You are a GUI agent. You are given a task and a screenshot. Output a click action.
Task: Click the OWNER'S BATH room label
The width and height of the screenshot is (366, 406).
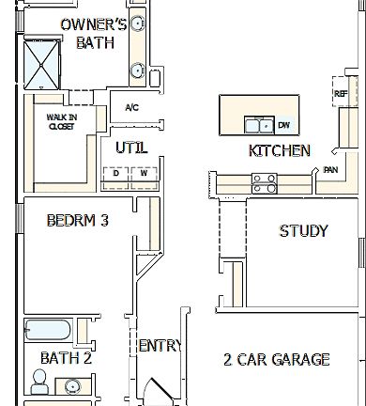point(93,32)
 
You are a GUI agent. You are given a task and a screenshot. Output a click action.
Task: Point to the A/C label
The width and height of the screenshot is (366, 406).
point(130,107)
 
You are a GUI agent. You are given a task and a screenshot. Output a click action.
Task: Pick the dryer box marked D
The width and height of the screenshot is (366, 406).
point(116,173)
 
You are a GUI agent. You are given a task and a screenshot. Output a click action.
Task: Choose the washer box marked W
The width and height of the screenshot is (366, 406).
point(143,173)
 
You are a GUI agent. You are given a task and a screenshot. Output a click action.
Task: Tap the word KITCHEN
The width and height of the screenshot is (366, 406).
point(279,150)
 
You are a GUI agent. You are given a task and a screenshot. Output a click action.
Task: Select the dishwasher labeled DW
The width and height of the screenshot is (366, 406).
point(283,124)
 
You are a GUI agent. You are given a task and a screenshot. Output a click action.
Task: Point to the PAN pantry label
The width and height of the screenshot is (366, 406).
point(330,170)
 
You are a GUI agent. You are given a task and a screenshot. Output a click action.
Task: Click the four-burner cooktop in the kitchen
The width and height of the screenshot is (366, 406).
point(264,182)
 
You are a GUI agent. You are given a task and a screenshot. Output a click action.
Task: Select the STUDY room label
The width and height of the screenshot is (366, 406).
point(303,230)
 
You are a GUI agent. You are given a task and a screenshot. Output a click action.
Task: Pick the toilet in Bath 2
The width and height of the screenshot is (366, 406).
point(39,381)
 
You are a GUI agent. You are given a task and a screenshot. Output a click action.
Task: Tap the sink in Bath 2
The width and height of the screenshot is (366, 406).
point(72,385)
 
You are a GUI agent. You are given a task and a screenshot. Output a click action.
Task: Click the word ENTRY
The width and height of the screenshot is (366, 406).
point(159,347)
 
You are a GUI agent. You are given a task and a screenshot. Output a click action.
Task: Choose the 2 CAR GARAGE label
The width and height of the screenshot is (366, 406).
point(276,359)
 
